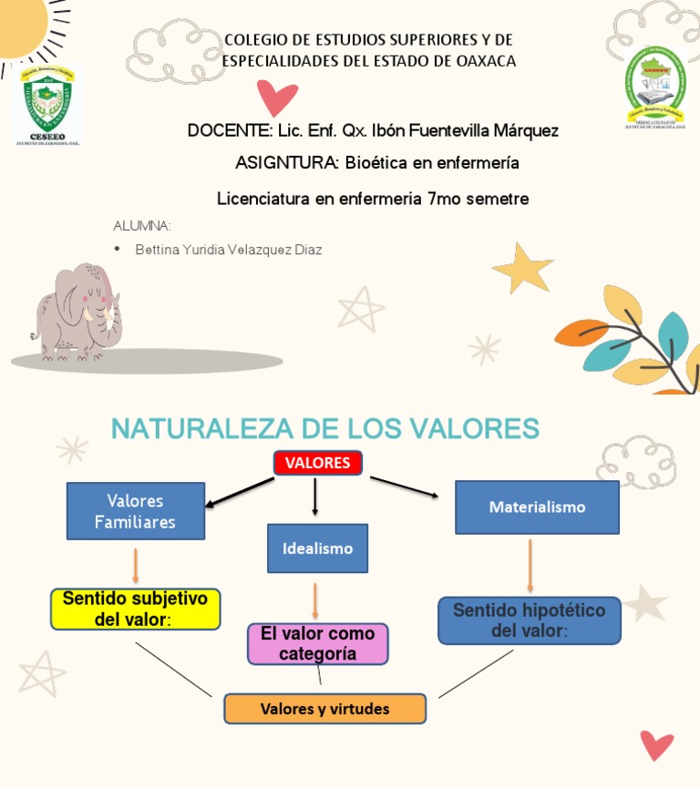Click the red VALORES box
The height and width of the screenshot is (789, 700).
click(318, 463)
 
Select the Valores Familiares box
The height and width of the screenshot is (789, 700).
click(135, 511)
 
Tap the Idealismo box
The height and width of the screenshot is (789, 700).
click(317, 548)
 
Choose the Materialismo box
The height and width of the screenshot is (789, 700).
click(537, 507)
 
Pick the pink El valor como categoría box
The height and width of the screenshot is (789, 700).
click(318, 643)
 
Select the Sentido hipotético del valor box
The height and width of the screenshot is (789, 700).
click(529, 620)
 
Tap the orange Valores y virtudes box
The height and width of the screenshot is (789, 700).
click(324, 709)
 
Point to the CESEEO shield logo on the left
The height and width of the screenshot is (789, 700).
click(46, 105)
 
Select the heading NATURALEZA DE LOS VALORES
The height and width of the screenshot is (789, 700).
click(324, 427)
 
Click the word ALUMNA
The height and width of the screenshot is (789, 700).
click(142, 226)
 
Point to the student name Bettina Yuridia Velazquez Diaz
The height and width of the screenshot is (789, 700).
click(228, 249)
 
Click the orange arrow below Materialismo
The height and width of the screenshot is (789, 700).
click(530, 565)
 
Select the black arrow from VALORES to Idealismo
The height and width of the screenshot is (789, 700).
click(315, 497)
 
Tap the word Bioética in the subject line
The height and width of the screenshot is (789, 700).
click(376, 163)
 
